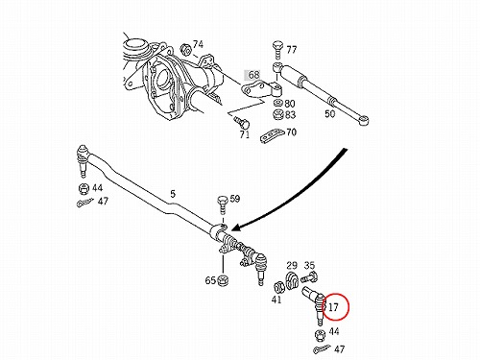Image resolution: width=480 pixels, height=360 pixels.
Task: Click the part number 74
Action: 198,44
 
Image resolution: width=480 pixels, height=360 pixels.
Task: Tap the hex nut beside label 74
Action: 186,50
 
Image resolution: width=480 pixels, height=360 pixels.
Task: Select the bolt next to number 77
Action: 277,50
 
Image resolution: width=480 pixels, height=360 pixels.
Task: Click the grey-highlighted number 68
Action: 253,75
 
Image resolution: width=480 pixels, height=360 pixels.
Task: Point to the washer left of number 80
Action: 277,104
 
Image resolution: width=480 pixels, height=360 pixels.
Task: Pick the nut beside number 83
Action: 277,114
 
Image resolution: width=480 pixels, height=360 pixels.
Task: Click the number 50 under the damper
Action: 330,113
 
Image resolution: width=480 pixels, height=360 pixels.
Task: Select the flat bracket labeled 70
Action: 272,136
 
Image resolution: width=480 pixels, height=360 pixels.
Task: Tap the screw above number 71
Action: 242,122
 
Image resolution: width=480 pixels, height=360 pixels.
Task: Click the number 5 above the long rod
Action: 173,194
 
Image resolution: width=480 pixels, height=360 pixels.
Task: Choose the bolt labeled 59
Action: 223,204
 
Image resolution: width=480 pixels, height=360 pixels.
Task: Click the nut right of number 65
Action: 223,280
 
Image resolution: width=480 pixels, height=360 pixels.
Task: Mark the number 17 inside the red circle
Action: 333,307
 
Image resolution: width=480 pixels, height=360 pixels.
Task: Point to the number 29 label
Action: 292,265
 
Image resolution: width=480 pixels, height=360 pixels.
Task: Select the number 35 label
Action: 309,265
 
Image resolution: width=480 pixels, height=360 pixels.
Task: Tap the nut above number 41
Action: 279,287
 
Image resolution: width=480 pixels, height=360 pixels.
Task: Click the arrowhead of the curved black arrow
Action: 236,227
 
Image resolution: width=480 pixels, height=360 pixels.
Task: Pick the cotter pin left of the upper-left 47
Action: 84,203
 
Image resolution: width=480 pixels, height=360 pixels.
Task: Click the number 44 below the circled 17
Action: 333,331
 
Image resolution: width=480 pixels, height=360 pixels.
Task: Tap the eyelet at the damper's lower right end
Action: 364,121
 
